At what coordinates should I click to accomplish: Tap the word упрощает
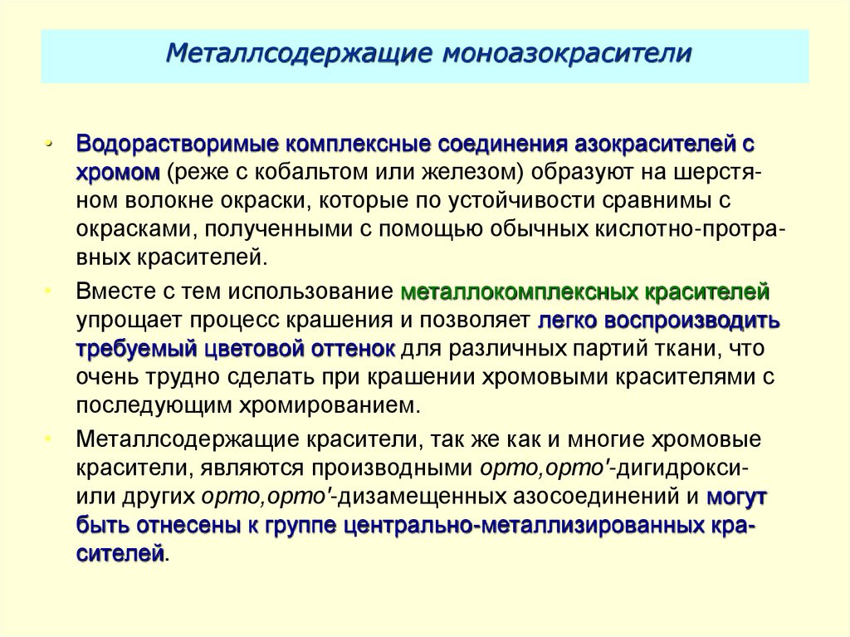[x=128, y=321]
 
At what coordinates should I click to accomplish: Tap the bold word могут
[x=736, y=496]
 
